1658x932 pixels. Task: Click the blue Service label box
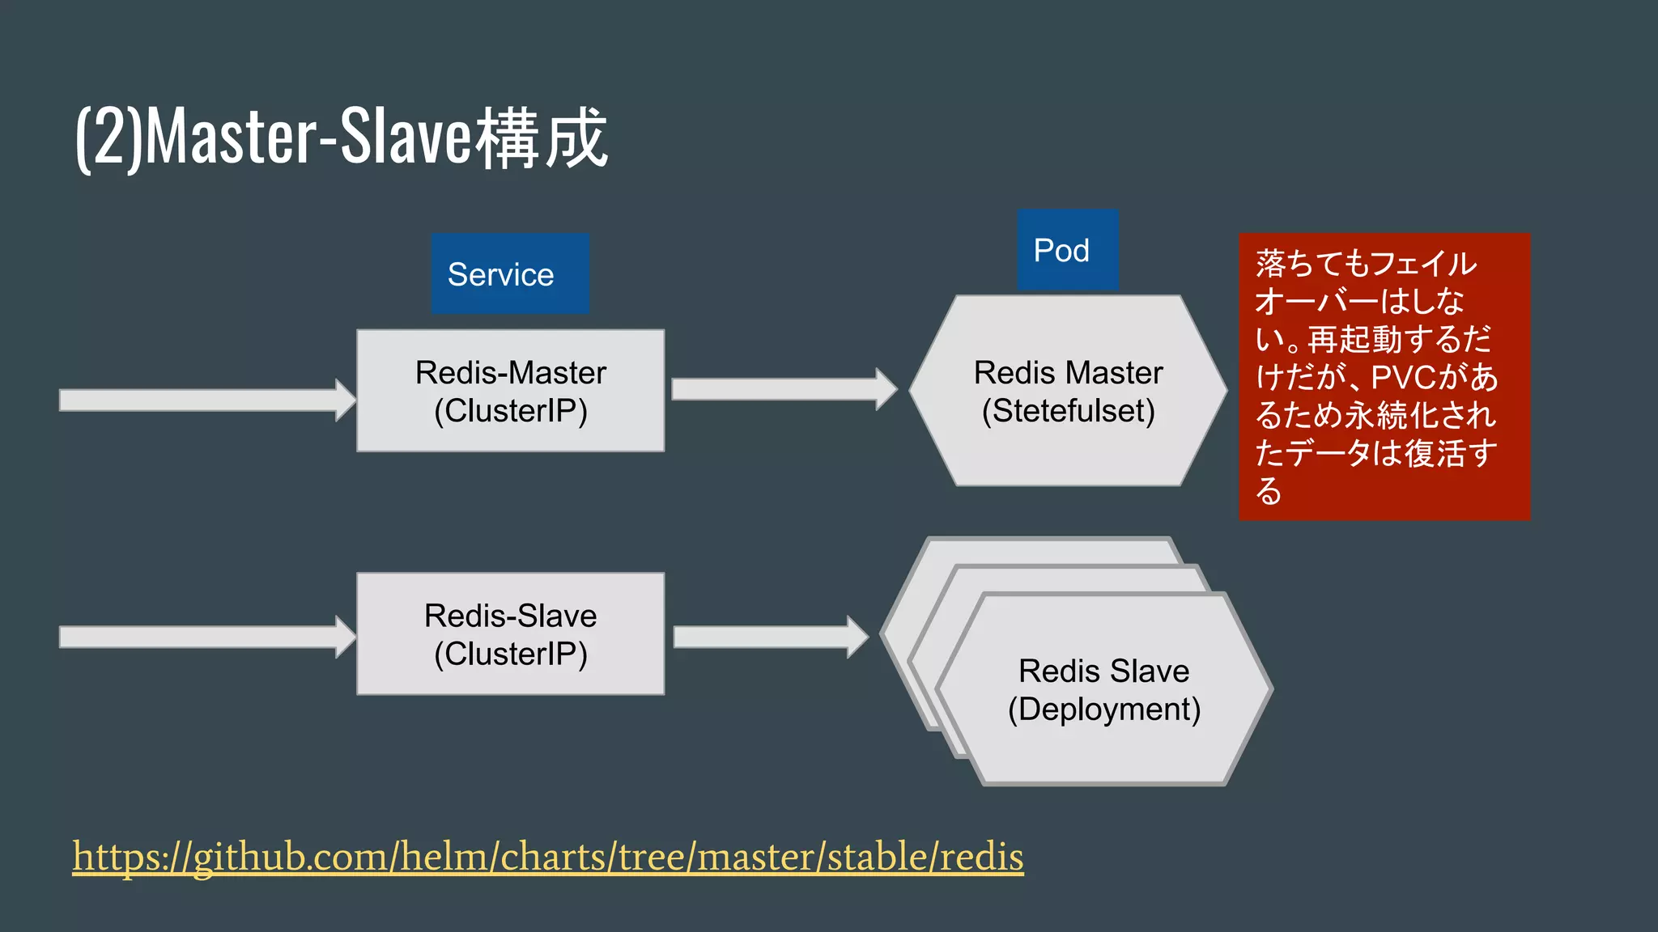point(510,273)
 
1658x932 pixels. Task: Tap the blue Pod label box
point(1067,250)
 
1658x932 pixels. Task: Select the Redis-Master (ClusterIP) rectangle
point(510,391)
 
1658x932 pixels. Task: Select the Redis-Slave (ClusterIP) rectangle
point(510,634)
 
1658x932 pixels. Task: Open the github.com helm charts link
point(547,857)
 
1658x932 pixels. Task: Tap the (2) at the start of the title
point(108,138)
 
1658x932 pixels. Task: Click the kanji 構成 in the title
point(541,138)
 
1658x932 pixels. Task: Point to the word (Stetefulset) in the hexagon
point(1068,411)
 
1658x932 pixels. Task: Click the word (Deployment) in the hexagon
point(1103,710)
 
